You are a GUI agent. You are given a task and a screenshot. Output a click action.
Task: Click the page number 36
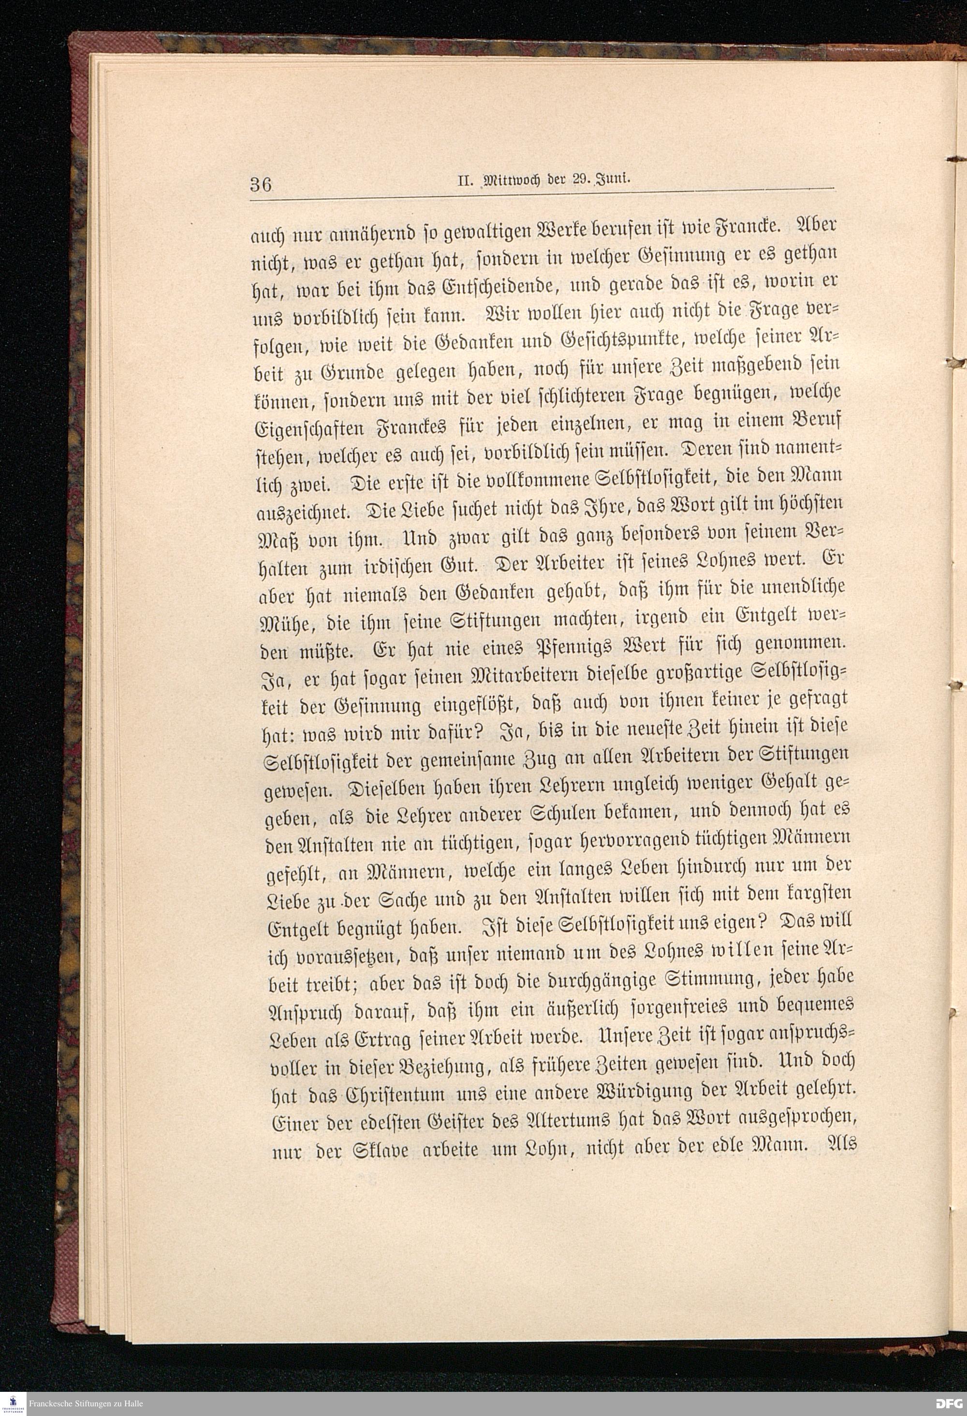[260, 184]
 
